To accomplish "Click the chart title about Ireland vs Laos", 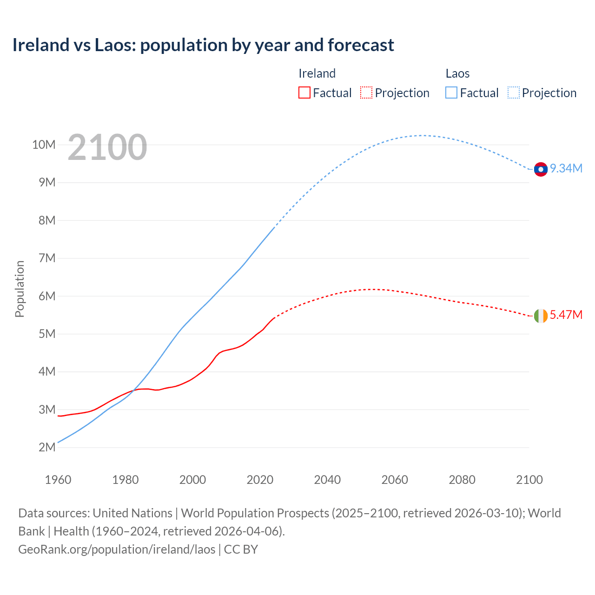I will click(203, 45).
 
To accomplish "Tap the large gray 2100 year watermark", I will click(107, 147).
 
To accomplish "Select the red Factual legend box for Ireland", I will click(304, 93).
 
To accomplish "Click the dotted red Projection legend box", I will click(366, 93).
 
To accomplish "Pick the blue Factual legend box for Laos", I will click(451, 93).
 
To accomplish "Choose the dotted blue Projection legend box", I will click(514, 93).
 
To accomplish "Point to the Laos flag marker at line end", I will click(541, 170).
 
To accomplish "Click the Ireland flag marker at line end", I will click(541, 316).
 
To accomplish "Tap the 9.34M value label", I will click(566, 168).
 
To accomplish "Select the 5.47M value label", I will click(566, 315).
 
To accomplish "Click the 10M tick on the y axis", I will click(44, 145).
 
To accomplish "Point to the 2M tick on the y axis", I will click(46, 447).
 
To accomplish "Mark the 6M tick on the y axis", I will click(46, 296).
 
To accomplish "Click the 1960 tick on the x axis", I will click(58, 480).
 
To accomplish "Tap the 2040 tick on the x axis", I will click(327, 480).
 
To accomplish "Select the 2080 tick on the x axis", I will click(462, 480).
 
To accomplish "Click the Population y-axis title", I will click(20, 289).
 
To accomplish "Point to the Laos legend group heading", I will click(457, 73).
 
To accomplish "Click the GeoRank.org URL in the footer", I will click(117, 549).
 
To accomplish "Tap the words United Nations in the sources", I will click(132, 513).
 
